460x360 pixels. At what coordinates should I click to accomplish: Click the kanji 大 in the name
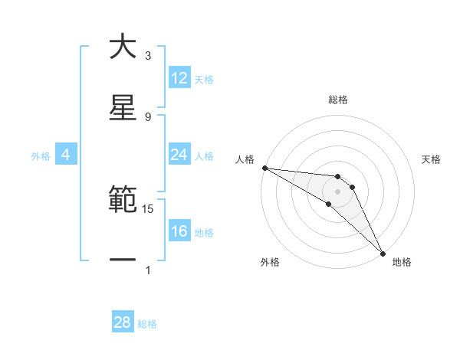click(123, 47)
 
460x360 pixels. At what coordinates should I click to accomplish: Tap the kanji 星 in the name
click(123, 107)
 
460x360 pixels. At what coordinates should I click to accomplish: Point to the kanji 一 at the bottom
click(123, 260)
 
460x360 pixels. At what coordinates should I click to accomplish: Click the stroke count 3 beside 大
click(148, 56)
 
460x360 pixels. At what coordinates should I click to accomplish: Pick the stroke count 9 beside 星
click(148, 116)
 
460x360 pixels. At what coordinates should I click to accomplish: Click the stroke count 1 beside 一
click(148, 270)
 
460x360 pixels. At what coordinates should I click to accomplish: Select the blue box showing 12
click(179, 78)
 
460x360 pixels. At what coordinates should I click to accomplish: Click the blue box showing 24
click(179, 155)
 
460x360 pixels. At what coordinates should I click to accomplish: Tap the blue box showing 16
click(179, 231)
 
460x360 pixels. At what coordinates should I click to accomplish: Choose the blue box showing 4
click(66, 155)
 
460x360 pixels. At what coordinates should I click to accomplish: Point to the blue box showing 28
click(123, 322)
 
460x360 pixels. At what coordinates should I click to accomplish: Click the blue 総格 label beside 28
click(147, 324)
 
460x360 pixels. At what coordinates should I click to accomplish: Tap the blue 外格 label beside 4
click(41, 156)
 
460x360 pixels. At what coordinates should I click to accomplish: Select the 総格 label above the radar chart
click(337, 100)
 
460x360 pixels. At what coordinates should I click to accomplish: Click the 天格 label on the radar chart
click(431, 159)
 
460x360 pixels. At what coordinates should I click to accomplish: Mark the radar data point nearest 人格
click(264, 168)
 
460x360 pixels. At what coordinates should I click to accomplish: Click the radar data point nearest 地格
click(382, 252)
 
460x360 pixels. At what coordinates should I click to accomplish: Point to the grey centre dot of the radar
click(337, 191)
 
